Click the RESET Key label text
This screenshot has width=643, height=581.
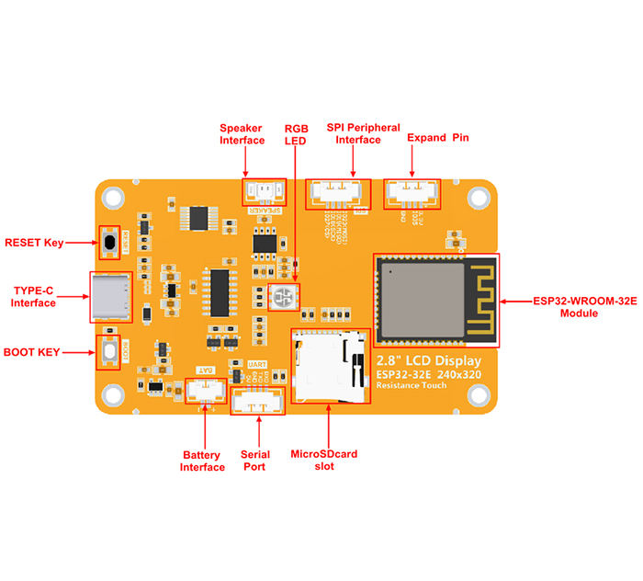(34, 243)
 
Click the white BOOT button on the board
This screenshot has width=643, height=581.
(110, 351)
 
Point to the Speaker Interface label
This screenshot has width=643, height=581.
(242, 134)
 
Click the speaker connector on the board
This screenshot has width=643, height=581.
(264, 192)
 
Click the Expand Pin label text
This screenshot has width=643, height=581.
(437, 137)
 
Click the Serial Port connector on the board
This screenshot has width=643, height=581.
(257, 401)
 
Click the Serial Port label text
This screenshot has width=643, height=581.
(254, 460)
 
